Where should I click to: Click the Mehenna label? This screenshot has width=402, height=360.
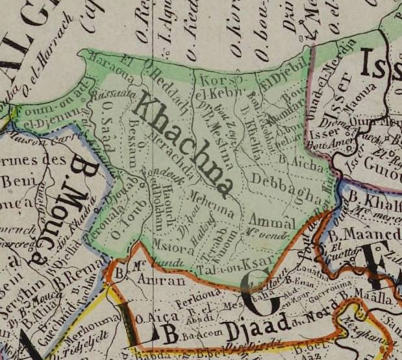pyautogui.click(x=212, y=198)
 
